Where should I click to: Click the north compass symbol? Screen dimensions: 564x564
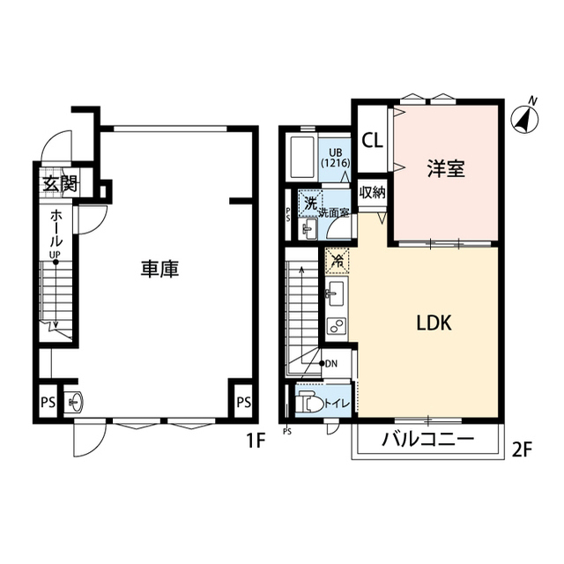tap(525, 117)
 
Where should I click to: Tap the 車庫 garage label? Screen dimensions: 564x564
tap(160, 269)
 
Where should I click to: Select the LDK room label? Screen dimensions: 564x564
tap(434, 323)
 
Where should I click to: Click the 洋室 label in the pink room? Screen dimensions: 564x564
tap(446, 168)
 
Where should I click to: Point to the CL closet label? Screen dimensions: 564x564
tap(372, 140)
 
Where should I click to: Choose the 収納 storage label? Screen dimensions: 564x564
tap(372, 192)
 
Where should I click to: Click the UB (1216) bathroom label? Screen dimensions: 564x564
tap(336, 158)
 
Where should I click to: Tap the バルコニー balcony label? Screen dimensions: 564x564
tap(427, 439)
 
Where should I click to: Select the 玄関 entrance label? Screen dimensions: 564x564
tap(60, 184)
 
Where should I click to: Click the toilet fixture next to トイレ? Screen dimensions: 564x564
tap(310, 400)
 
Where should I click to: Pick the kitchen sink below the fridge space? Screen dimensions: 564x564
tap(335, 293)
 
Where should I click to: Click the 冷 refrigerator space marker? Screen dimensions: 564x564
tap(337, 261)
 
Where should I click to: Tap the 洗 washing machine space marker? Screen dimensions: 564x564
tap(310, 204)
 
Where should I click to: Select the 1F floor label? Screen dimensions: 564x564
tap(256, 441)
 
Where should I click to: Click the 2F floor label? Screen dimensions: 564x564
tap(522, 449)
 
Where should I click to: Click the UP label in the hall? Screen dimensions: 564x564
tap(55, 255)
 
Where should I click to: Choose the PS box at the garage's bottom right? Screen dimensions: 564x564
tap(243, 402)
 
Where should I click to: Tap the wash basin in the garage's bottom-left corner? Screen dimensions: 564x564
tap(75, 402)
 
